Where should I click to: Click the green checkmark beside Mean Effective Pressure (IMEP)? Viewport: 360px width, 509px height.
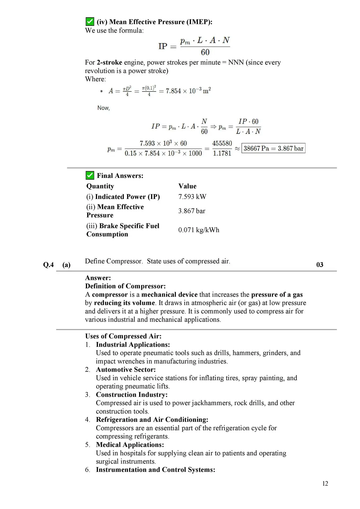pyautogui.click(x=90, y=21)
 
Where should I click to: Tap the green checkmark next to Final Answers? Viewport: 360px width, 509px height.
pyautogui.click(x=90, y=175)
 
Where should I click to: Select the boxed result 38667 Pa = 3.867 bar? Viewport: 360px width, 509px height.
pyautogui.click(x=273, y=148)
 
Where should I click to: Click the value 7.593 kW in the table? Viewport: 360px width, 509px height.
pyautogui.click(x=192, y=197)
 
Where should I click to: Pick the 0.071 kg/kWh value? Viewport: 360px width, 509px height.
pyautogui.click(x=199, y=230)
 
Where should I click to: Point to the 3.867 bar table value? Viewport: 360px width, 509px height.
pyautogui.click(x=192, y=211)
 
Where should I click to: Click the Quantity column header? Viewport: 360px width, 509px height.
pyautogui.click(x=100, y=186)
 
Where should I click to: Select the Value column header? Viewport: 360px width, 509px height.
pyautogui.click(x=187, y=186)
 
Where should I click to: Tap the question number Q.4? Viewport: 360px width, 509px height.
pyautogui.click(x=48, y=265)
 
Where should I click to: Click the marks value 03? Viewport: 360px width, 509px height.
pyautogui.click(x=320, y=265)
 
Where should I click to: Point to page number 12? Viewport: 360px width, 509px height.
pyautogui.click(x=325, y=484)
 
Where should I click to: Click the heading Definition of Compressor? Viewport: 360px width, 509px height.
pyautogui.click(x=125, y=286)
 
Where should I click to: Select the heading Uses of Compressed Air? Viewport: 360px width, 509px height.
pyautogui.click(x=123, y=336)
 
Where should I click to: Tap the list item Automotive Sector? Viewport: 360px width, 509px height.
pyautogui.click(x=126, y=370)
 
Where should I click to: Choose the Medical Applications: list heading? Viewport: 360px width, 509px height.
pyautogui.click(x=130, y=445)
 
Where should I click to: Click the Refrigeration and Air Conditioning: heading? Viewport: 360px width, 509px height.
pyautogui.click(x=152, y=420)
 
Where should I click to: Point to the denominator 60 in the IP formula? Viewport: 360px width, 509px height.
pyautogui.click(x=205, y=52)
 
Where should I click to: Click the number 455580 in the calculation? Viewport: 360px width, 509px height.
pyautogui.click(x=222, y=143)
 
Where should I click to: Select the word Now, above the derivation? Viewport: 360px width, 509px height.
pyautogui.click(x=103, y=108)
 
